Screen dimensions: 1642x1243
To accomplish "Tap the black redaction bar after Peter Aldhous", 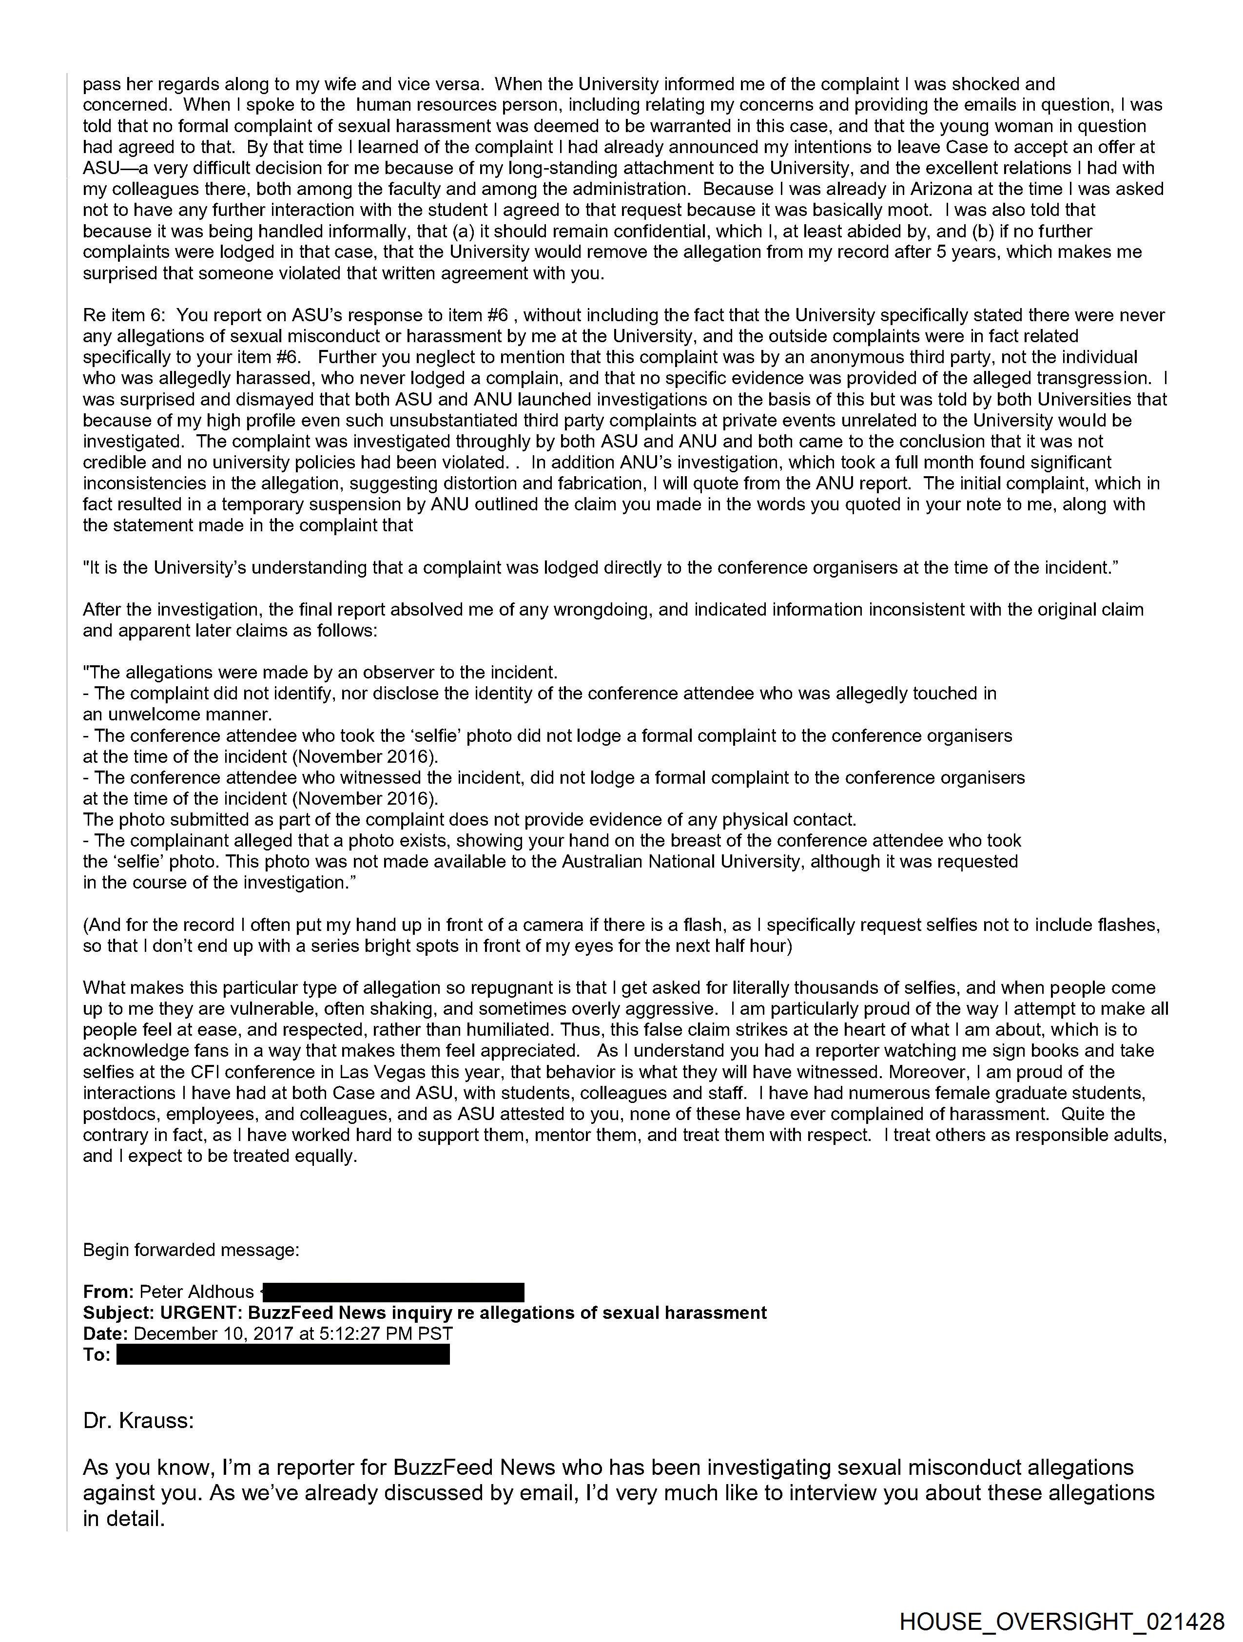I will click(393, 1293).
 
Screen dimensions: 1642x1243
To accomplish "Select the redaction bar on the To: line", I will click(283, 1355).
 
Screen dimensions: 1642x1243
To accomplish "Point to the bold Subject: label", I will click(119, 1313).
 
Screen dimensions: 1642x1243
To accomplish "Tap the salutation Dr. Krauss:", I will click(138, 1421).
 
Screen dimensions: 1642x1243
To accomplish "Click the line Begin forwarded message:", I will click(191, 1250).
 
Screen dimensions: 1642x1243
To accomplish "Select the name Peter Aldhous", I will click(197, 1293).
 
